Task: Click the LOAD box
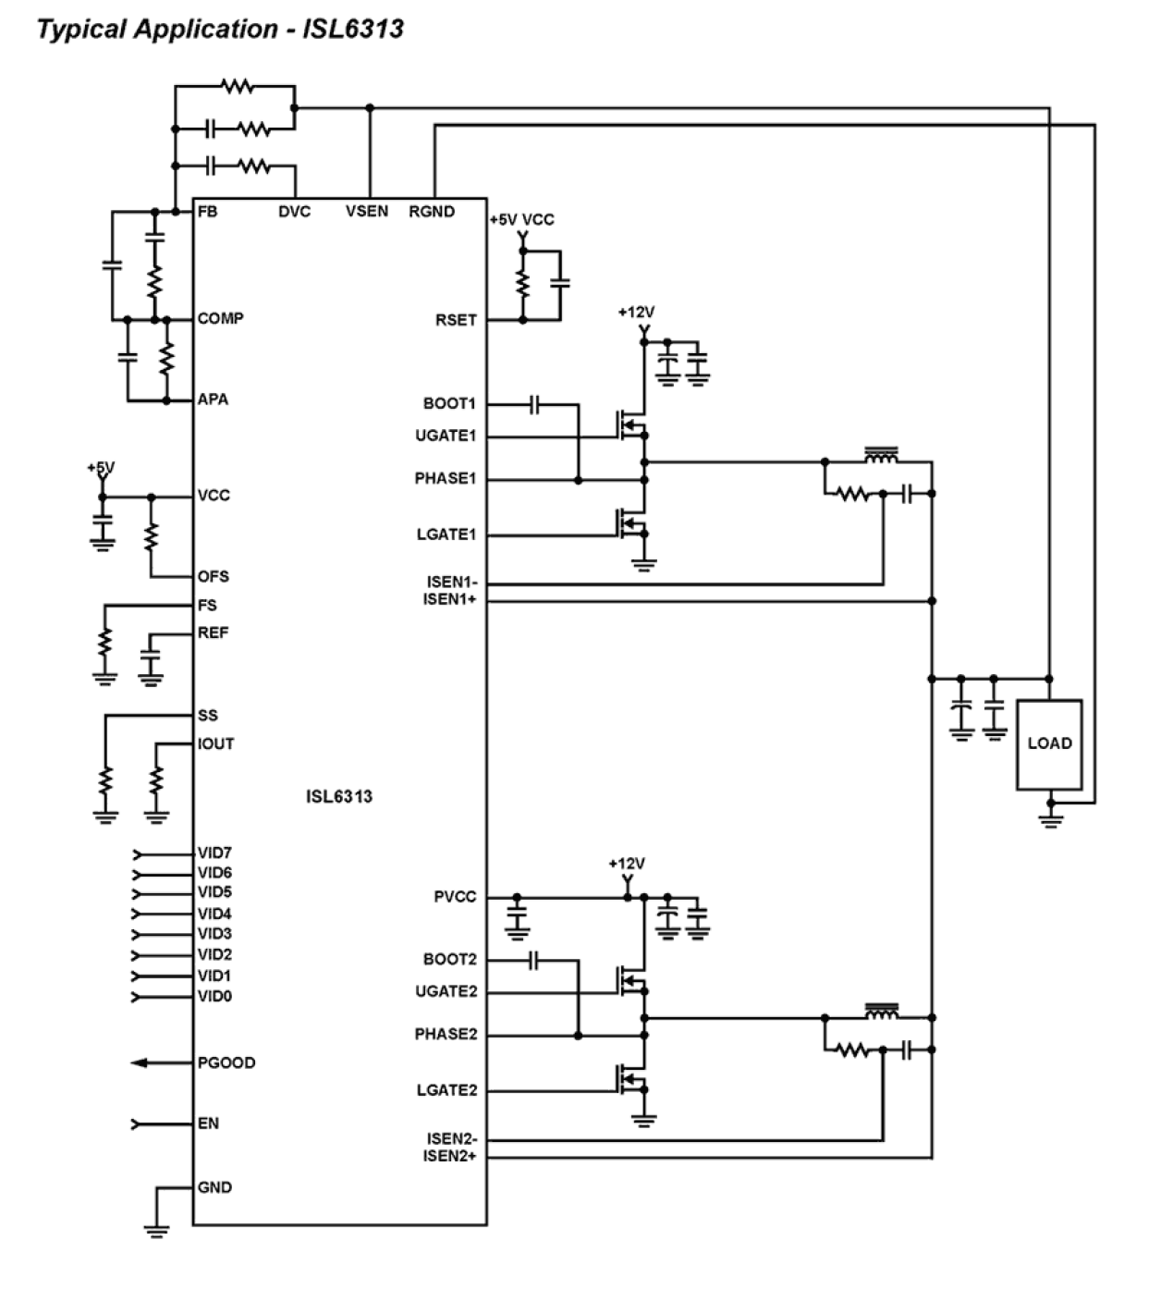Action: (1049, 744)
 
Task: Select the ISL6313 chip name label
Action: (339, 796)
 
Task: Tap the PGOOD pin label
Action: (226, 1062)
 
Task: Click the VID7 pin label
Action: (214, 853)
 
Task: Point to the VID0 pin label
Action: (214, 996)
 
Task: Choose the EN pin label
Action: (208, 1123)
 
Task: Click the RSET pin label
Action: (456, 320)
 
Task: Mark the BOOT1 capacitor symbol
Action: (533, 404)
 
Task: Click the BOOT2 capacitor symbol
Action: (533, 961)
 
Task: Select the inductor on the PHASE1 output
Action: (881, 456)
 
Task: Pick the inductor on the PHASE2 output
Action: (881, 1013)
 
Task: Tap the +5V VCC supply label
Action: (521, 220)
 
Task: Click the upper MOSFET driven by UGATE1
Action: (631, 424)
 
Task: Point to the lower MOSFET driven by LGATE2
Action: (631, 1079)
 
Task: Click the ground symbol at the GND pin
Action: (156, 1228)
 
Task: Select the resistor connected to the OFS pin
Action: (152, 536)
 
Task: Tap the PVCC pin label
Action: (455, 897)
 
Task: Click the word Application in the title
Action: (205, 29)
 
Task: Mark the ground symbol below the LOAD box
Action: (1050, 818)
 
